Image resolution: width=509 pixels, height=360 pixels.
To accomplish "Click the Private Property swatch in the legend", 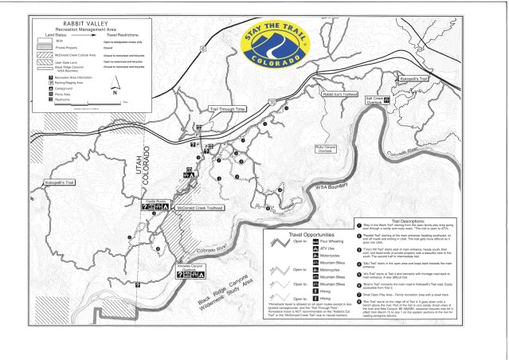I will (48, 46).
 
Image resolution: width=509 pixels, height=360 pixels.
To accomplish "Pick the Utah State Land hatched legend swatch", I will (48, 61).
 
